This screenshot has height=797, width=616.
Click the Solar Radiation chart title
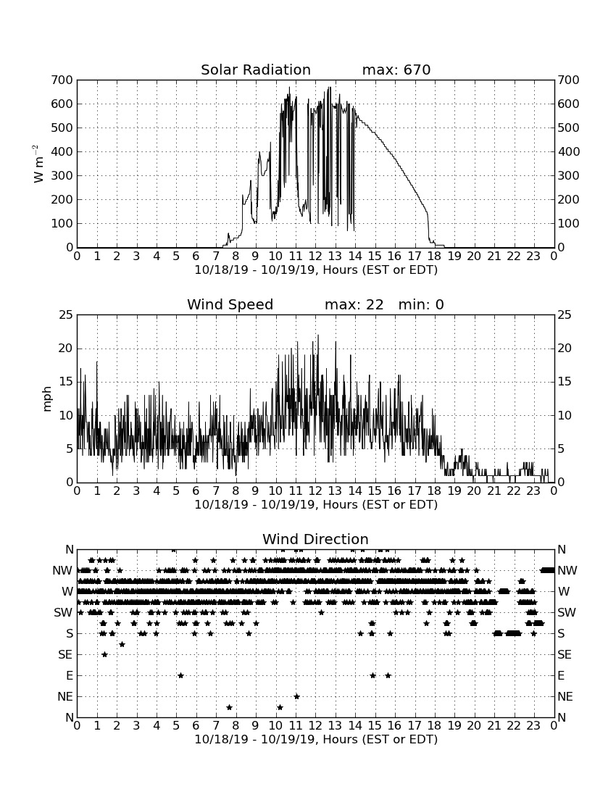256,70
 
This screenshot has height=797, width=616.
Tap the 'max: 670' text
396,70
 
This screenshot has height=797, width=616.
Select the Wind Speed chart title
230,304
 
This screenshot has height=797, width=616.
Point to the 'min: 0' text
421,304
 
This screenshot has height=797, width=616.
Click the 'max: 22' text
354,304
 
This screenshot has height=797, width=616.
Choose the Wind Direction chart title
315,539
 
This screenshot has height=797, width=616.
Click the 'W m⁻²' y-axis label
38,164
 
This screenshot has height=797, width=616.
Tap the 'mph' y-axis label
47,399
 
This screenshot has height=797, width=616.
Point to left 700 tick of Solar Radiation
62,80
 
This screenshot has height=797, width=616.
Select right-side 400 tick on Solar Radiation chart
568,151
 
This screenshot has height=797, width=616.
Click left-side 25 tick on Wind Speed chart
66,315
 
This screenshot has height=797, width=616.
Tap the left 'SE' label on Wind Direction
65,655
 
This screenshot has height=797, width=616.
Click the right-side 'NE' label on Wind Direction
565,696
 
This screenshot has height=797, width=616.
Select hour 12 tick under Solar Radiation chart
315,256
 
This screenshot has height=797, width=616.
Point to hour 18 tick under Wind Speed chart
434,491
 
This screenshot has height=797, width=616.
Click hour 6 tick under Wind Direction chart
196,726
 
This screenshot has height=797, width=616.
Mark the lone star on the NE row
297,696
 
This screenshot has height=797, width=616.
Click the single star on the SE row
104,655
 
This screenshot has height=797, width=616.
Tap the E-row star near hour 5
180,675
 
